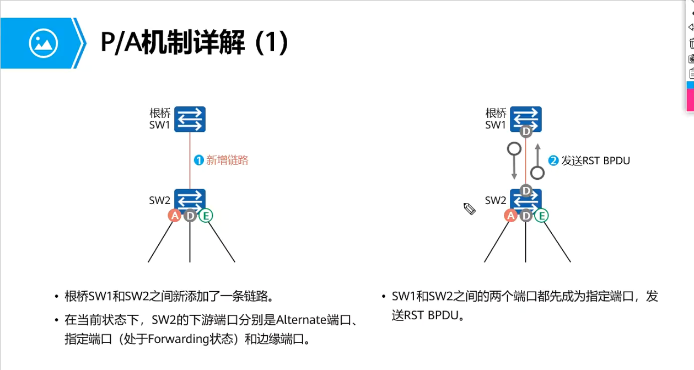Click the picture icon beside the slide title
click(x=44, y=43)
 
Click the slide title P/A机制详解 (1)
click(x=194, y=43)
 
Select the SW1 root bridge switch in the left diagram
click(x=190, y=119)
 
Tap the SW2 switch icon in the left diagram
click(x=190, y=200)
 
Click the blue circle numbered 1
click(x=199, y=160)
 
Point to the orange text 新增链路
click(x=227, y=160)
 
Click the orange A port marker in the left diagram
click(x=175, y=216)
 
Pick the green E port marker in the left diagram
click(x=206, y=216)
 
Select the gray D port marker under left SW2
click(x=190, y=216)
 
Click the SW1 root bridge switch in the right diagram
click(x=526, y=117)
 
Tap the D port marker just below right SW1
click(x=526, y=132)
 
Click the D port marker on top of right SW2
click(x=526, y=191)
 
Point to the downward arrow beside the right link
click(x=514, y=160)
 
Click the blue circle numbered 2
click(x=553, y=160)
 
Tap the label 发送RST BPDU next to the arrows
click(x=595, y=160)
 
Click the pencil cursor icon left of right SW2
click(x=470, y=208)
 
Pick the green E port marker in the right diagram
click(x=541, y=216)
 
